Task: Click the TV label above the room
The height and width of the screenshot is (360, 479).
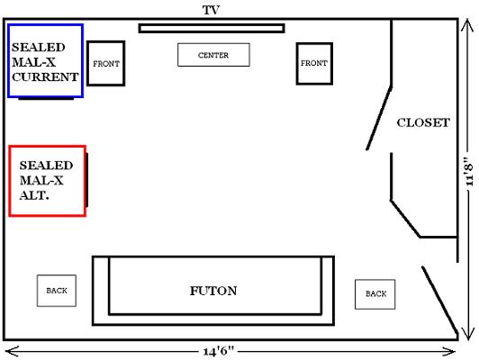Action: [211, 10]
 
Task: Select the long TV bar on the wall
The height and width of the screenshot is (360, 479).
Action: [212, 29]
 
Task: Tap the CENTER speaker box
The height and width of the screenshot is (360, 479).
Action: [213, 55]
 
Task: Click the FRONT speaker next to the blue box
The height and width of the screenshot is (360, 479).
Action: [106, 63]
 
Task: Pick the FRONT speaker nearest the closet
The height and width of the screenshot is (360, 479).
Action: [314, 63]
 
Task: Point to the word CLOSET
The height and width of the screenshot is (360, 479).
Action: [423, 122]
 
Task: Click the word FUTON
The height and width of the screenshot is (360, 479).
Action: [213, 291]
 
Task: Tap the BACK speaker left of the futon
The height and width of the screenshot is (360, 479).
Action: [57, 291]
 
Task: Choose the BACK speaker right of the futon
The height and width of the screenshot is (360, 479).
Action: [375, 294]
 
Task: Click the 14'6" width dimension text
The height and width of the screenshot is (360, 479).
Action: [219, 352]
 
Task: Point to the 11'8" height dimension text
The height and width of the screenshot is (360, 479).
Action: [467, 171]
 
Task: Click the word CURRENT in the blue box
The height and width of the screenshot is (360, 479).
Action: [45, 76]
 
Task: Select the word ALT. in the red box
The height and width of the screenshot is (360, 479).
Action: [34, 195]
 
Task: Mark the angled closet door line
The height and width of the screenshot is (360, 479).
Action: [379, 118]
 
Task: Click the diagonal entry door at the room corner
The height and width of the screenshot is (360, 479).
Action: [440, 301]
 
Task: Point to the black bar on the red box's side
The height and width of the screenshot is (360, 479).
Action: [87, 180]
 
